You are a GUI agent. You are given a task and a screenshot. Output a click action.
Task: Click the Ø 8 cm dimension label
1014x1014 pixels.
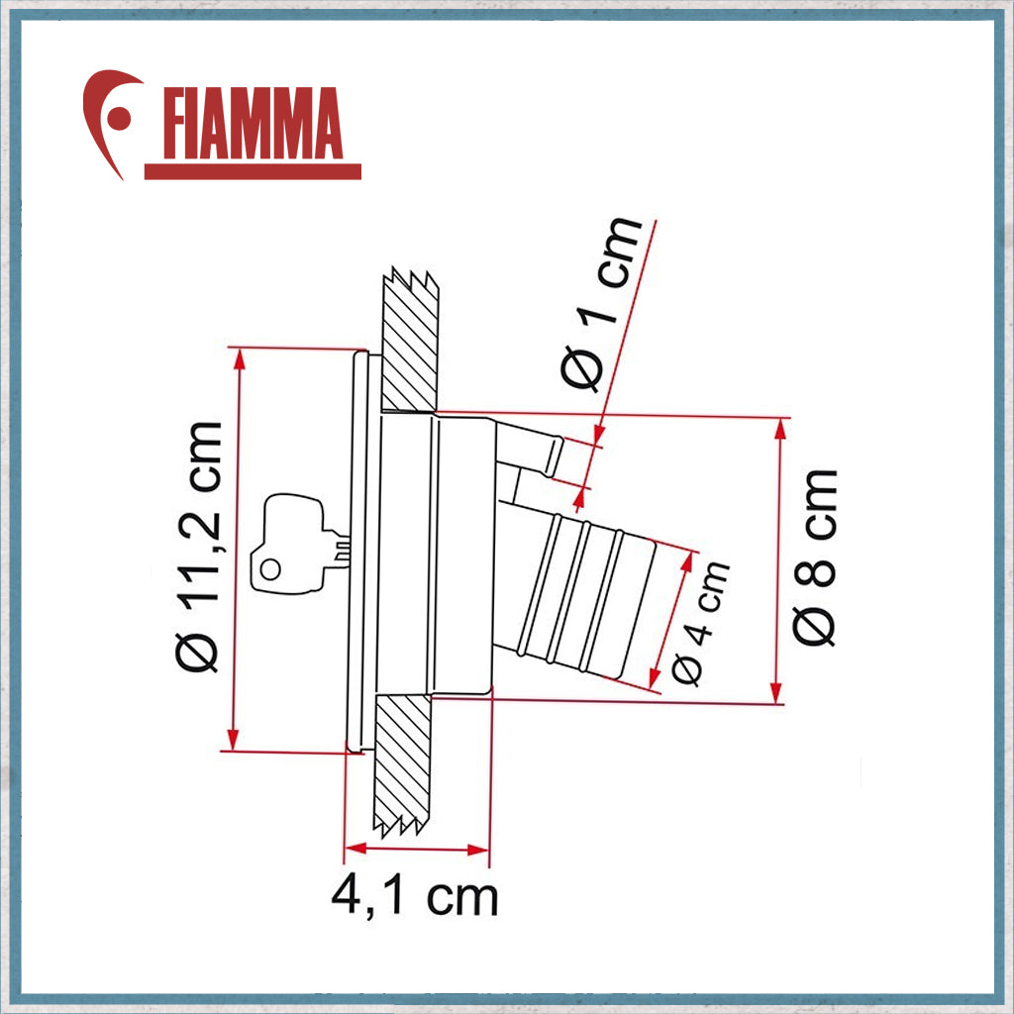click(x=818, y=557)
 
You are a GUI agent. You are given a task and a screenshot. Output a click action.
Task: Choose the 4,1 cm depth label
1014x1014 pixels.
click(x=414, y=897)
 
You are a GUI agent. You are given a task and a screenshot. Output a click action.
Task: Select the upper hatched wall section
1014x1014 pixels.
click(x=409, y=342)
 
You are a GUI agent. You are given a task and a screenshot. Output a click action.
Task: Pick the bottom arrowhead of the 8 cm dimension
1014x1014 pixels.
click(x=778, y=693)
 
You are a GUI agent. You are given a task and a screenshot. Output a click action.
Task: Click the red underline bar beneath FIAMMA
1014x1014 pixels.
click(x=253, y=171)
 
